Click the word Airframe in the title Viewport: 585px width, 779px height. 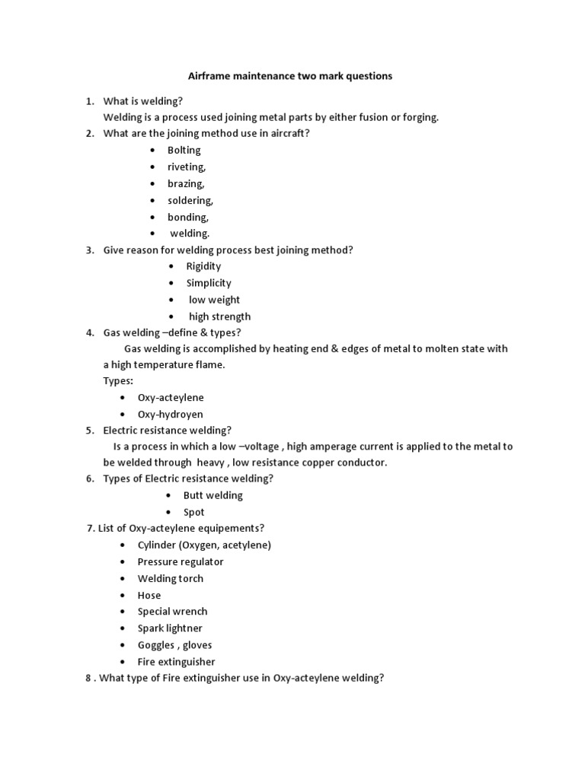tap(210, 76)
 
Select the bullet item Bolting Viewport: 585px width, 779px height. tap(184, 150)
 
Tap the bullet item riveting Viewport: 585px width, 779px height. tap(187, 167)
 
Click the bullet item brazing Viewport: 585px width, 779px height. tap(186, 183)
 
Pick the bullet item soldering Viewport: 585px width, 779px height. tap(190, 200)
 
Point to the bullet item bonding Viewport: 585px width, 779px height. tap(188, 217)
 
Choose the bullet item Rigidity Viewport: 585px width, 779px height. tap(203, 266)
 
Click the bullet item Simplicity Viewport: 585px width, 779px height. tap(209, 283)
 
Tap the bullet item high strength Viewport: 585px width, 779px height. tap(219, 316)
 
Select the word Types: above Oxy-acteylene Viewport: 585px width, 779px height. tap(118, 380)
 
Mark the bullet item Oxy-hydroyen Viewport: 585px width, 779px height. tap(170, 414)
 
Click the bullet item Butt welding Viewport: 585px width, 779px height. tap(213, 495)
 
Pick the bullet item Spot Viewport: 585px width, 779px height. tap(193, 512)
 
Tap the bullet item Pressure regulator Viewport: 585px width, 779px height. tap(181, 561)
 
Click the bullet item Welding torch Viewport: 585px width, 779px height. tap(171, 578)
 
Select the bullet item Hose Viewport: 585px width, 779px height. tap(149, 595)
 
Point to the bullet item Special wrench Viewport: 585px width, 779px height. tap(172, 612)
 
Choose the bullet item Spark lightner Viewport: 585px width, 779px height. tap(170, 628)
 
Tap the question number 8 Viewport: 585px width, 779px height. tap(88, 679)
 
